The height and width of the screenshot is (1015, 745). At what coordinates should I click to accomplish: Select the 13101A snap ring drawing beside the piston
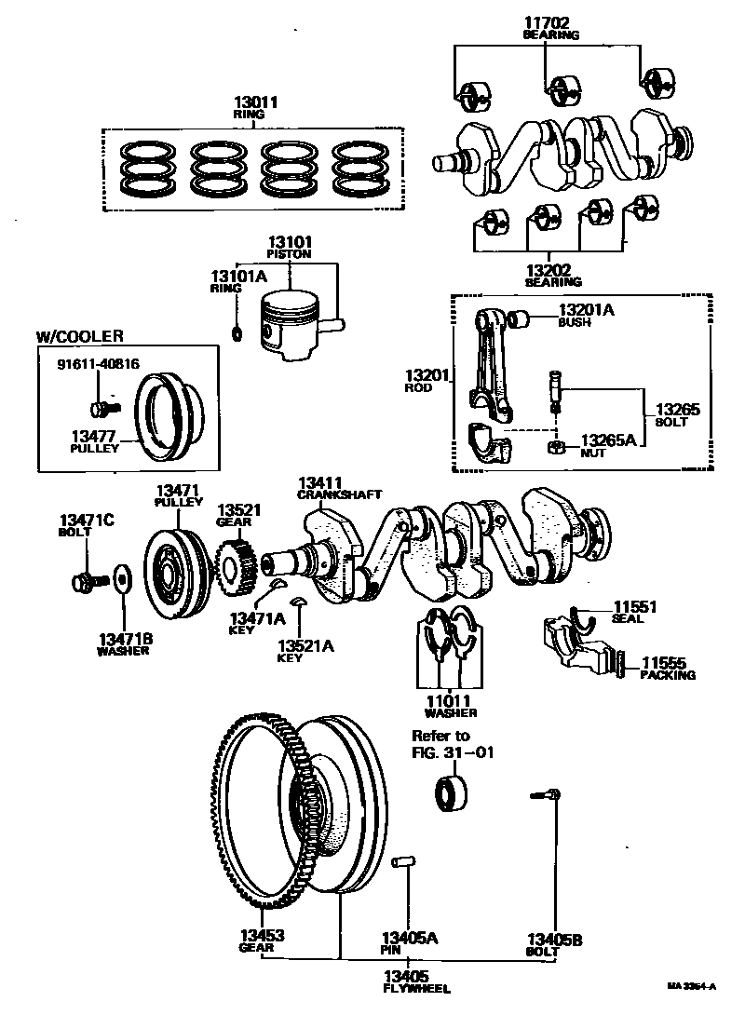pos(237,333)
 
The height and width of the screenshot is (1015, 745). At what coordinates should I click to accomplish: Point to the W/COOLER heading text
pos(79,336)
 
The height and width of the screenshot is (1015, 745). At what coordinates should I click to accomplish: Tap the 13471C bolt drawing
pos(86,582)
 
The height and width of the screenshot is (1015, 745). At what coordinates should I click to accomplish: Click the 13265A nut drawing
pos(556,448)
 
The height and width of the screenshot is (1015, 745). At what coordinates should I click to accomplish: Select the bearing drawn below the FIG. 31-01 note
pos(453,793)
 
